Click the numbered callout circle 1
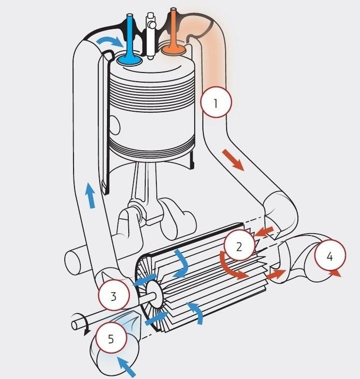coord(216,102)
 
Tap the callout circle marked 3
coord(114,295)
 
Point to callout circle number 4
coord(330,255)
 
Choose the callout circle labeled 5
coord(111,338)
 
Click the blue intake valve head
coord(130,59)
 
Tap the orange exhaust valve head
coord(174,49)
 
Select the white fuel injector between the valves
coord(151,36)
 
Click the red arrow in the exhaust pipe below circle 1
coord(233,160)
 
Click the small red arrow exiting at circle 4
coord(335,273)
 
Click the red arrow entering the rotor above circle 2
coord(264,231)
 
